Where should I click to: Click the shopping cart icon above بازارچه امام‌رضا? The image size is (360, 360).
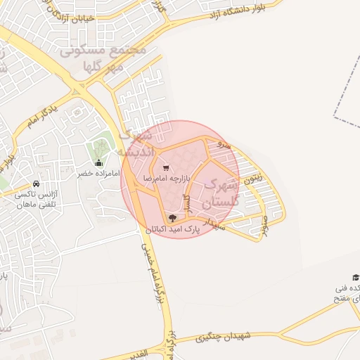pos(166,167)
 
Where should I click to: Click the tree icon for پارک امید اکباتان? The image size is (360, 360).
pos(173,217)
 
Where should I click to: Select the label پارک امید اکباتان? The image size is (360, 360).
pos(173,229)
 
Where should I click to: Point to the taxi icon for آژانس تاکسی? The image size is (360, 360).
pos(35,184)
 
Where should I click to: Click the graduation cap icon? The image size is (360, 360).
pos(355,277)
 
